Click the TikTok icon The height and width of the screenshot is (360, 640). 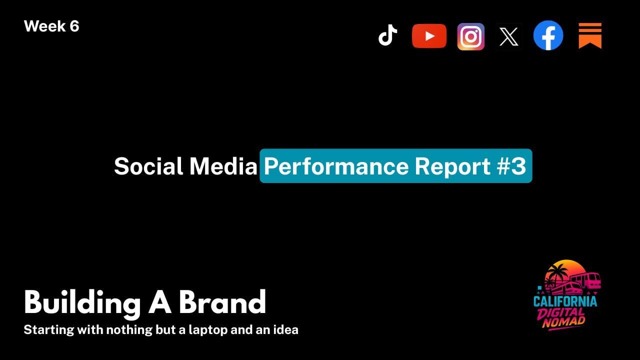click(x=387, y=35)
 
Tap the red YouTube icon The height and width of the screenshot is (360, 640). click(x=429, y=36)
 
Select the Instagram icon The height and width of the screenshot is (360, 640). click(x=470, y=36)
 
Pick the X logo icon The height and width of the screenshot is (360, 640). click(x=508, y=37)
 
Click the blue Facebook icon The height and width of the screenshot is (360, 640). click(x=548, y=35)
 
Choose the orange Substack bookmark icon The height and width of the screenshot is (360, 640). click(x=590, y=35)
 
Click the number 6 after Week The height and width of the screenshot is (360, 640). click(x=74, y=26)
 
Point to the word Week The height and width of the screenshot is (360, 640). click(x=44, y=26)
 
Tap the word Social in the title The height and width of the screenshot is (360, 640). click(x=148, y=166)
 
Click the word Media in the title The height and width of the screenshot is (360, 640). click(x=223, y=166)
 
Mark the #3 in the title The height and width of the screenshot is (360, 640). click(x=511, y=166)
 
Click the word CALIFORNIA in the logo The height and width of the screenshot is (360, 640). click(x=565, y=301)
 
